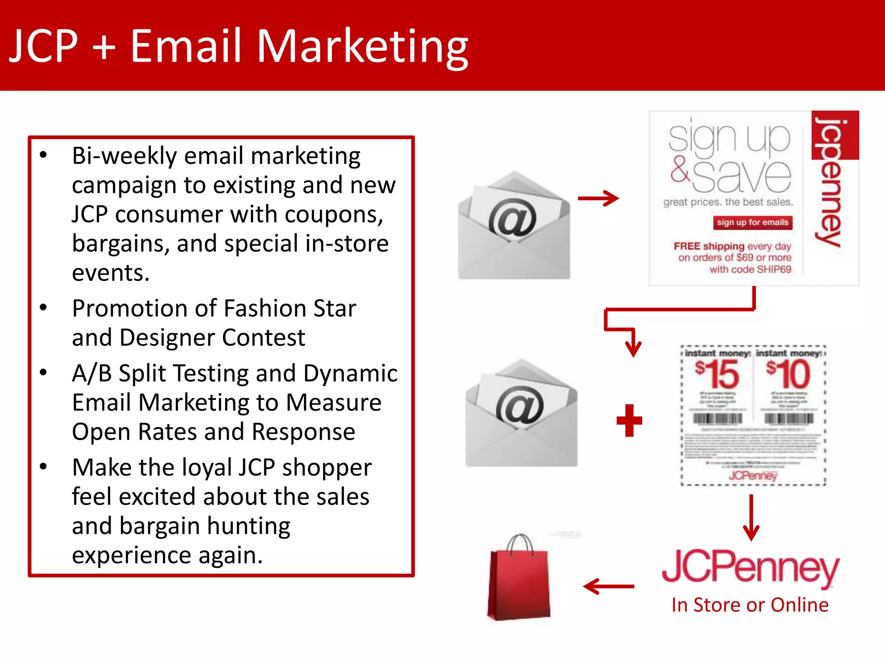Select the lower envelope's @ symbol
point(520,405)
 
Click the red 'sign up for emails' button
point(752,223)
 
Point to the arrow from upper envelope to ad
point(598,198)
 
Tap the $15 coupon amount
point(717,374)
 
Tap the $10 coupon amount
point(789,374)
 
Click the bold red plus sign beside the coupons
point(629,421)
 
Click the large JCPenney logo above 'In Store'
point(750,567)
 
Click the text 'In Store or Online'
point(750,605)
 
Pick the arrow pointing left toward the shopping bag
point(608,587)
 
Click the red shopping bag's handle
point(520,544)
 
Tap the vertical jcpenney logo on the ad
point(828,182)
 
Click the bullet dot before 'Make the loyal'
point(43,467)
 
